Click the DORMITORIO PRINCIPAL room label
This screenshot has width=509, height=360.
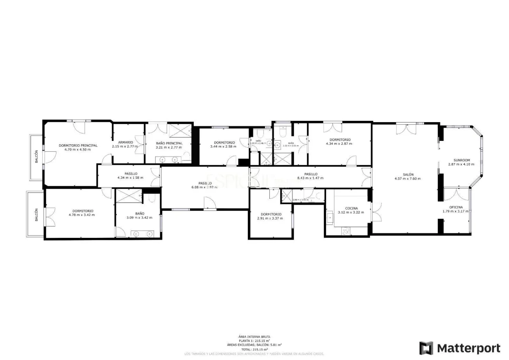[78, 146]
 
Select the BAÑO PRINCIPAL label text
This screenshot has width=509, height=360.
[169, 143]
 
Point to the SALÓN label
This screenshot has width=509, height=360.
[407, 175]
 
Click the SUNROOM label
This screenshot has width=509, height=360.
[461, 160]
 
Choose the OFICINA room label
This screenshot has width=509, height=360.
[455, 207]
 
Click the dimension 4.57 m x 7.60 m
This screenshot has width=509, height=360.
[407, 179]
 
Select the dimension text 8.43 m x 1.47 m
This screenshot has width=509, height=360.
[310, 178]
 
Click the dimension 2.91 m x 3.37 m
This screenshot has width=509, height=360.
[271, 218]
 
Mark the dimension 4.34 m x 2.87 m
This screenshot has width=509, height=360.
[339, 144]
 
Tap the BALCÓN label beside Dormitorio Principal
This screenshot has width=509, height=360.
[36, 157]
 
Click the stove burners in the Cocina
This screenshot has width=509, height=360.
[346, 231]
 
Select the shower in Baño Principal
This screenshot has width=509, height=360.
[180, 130]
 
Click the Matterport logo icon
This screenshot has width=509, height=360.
[426, 348]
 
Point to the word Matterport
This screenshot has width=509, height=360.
[468, 348]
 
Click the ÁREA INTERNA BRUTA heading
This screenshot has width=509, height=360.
[254, 337]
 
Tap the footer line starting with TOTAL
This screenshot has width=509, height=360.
[254, 349]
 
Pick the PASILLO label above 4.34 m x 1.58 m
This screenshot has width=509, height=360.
[131, 174]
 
